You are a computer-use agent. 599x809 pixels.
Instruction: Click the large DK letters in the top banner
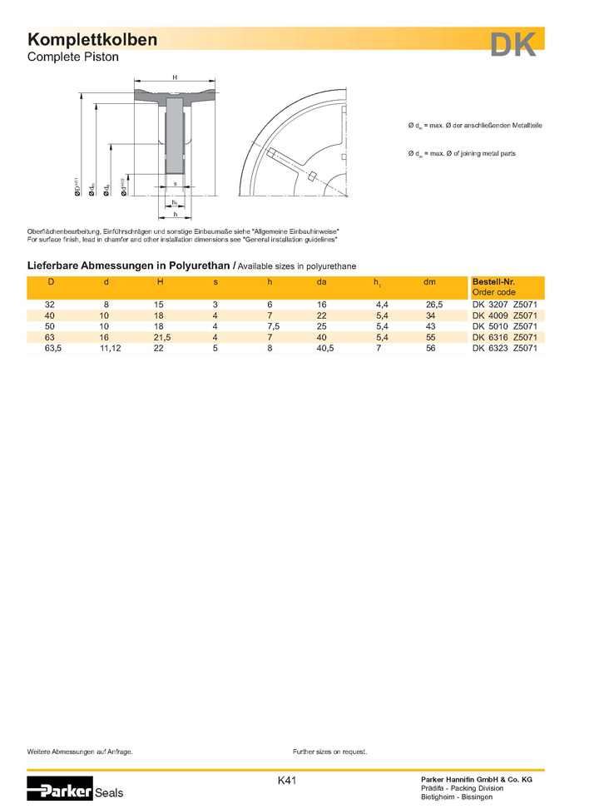tap(513, 44)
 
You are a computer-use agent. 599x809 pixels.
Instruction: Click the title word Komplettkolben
tap(92, 40)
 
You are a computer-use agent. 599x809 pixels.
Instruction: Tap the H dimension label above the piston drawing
tap(175, 77)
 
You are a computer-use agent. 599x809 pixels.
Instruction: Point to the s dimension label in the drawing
tap(175, 183)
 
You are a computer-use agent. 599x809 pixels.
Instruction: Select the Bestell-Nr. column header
tap(493, 282)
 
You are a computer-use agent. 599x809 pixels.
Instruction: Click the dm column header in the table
tap(429, 283)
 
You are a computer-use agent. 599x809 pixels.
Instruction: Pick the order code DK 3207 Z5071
tap(506, 305)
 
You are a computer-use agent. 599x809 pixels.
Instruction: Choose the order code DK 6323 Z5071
tap(506, 349)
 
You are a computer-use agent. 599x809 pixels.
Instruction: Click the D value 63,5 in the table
tap(52, 349)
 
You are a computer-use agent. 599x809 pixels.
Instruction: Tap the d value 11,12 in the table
tap(110, 349)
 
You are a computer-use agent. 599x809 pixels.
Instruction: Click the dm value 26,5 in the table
tap(433, 305)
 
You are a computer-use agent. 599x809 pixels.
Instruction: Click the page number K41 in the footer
tap(287, 781)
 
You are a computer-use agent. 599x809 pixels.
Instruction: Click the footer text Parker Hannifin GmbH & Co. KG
tap(477, 778)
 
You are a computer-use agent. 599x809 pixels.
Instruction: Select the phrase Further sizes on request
tap(330, 752)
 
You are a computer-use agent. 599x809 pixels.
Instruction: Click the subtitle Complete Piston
tap(73, 57)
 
